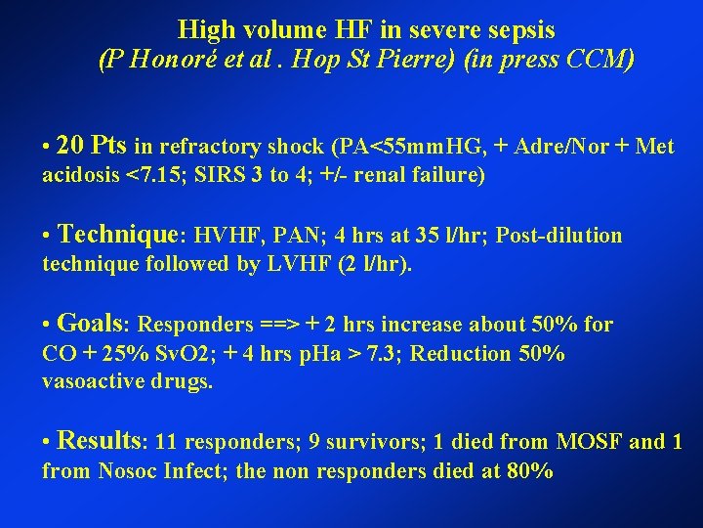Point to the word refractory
click(205, 149)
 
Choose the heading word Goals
click(95, 324)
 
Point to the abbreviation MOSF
click(590, 442)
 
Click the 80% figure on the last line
click(531, 471)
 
